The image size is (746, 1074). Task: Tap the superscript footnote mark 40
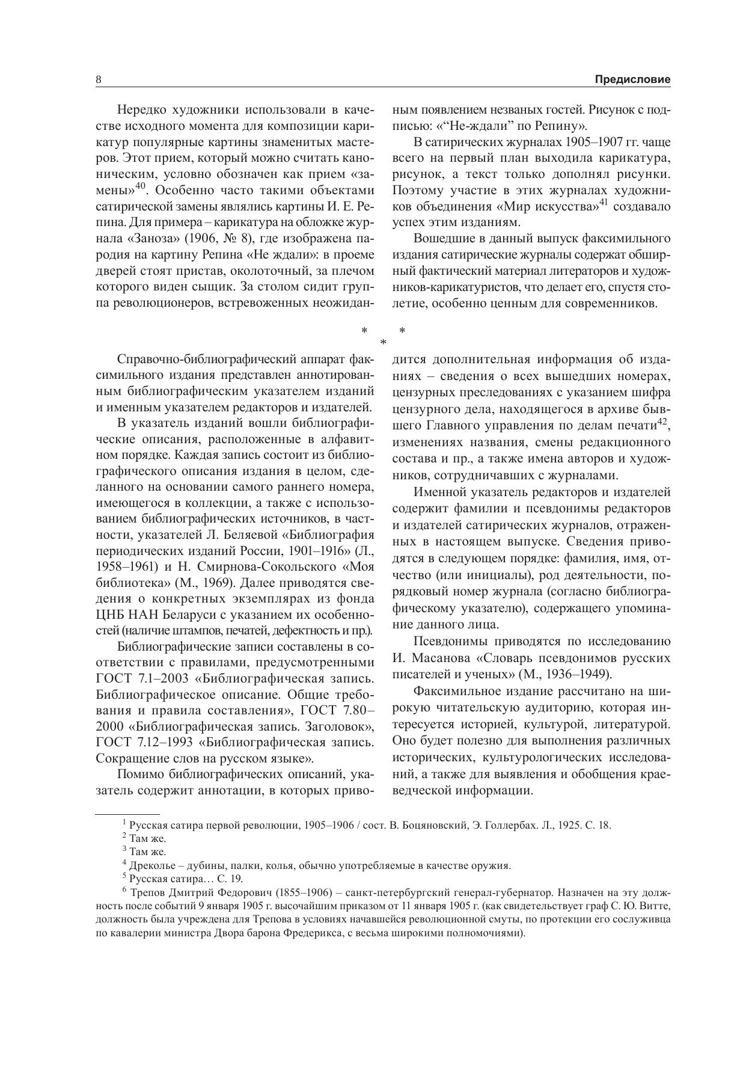[x=141, y=186]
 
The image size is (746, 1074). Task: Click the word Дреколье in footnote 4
[x=150, y=866]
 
